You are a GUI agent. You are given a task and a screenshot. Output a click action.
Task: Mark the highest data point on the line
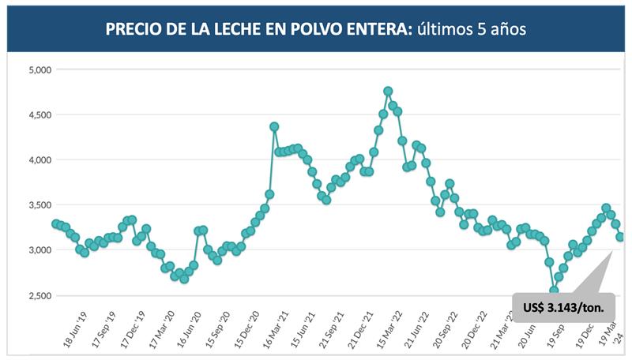[388, 92]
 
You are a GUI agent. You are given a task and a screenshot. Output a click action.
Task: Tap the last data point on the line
[620, 237]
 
